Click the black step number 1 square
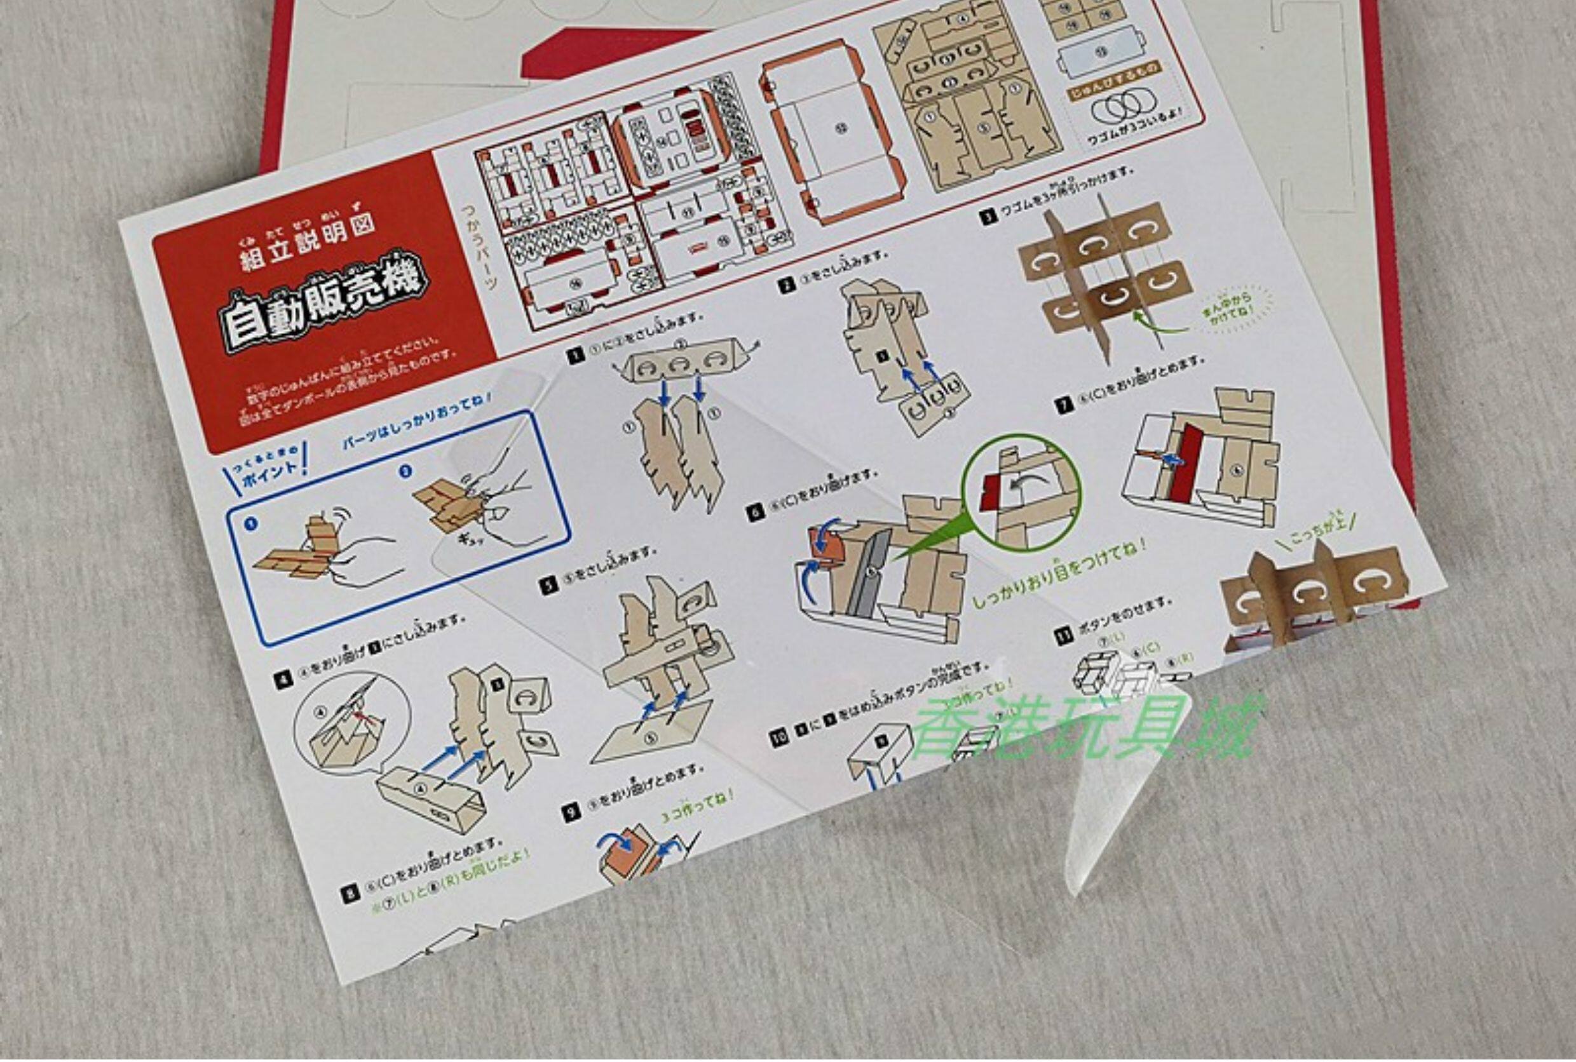pyautogui.click(x=576, y=356)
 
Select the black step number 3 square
pyautogui.click(x=989, y=217)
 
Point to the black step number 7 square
pyautogui.click(x=1065, y=405)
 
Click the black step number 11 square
pyautogui.click(x=1064, y=635)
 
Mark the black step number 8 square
pyautogui.click(x=350, y=895)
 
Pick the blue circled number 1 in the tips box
pyautogui.click(x=252, y=524)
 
